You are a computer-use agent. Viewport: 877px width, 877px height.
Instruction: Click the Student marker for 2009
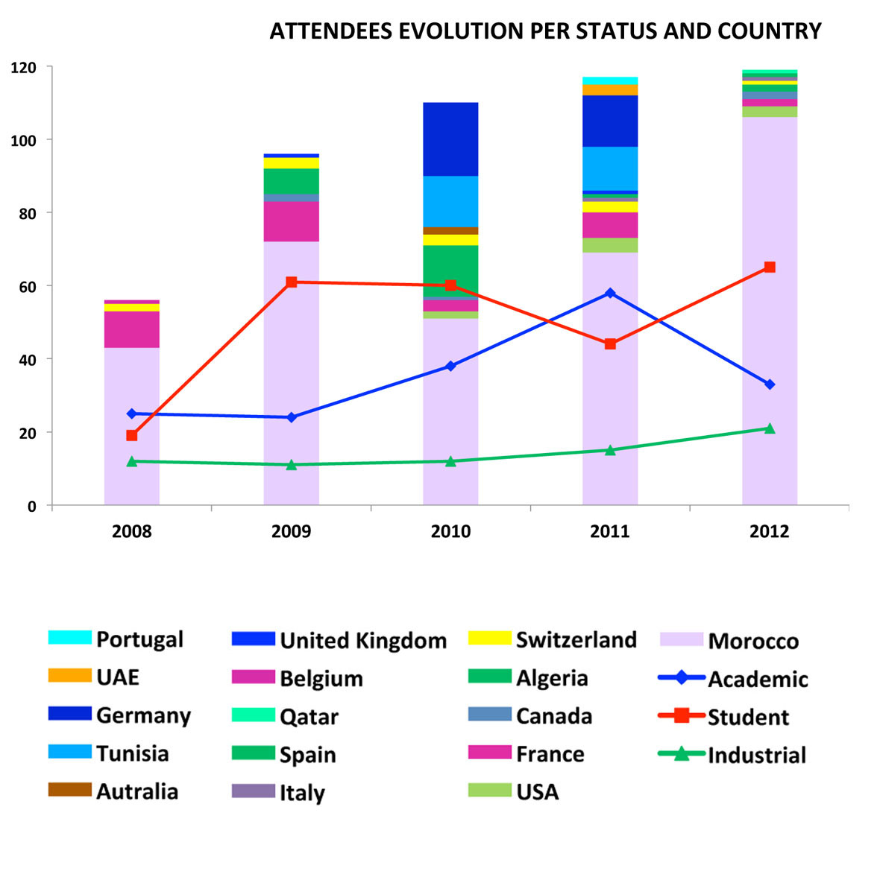coord(292,282)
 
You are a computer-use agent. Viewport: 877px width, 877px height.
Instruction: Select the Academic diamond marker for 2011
coord(610,293)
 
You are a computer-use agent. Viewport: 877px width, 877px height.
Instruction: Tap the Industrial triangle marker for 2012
coord(770,428)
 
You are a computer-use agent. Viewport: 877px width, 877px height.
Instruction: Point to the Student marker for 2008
coord(132,435)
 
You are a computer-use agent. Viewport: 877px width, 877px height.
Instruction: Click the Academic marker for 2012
coord(770,384)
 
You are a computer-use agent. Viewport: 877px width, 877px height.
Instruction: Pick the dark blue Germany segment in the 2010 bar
coord(450,139)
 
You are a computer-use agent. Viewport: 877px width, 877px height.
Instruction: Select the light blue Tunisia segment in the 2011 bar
coord(610,168)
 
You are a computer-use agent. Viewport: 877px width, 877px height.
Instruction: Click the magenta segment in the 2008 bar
coord(132,329)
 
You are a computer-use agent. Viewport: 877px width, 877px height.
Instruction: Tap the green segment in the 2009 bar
coord(292,181)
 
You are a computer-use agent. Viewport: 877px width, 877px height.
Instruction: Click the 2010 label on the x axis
coord(450,531)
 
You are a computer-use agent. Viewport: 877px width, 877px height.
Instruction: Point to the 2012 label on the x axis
coord(770,531)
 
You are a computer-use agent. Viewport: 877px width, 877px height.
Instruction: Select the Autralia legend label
coord(137,791)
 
